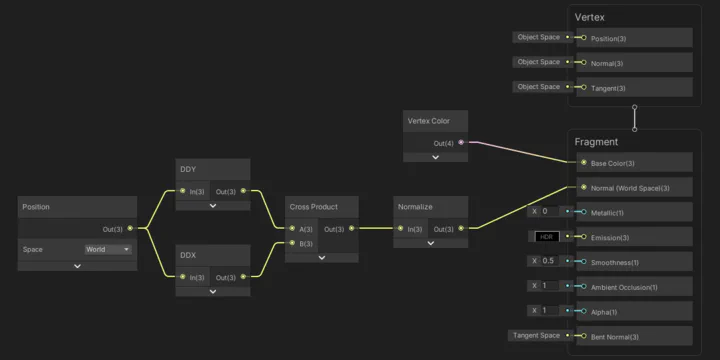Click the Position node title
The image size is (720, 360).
(36, 207)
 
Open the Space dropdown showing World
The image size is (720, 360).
(108, 249)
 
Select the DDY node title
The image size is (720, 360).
(188, 169)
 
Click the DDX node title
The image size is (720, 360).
(188, 255)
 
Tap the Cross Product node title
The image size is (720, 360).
(313, 207)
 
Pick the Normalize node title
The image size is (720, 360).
(415, 207)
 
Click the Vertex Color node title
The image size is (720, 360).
(428, 121)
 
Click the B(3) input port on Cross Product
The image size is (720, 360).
(292, 243)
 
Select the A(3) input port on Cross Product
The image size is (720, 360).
(292, 229)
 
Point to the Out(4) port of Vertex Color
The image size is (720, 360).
(461, 143)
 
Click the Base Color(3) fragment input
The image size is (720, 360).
(583, 163)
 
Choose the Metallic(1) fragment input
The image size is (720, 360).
(583, 212)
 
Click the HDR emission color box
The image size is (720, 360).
(546, 237)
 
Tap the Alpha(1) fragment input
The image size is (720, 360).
(583, 311)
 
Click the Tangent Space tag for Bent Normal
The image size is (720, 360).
(537, 335)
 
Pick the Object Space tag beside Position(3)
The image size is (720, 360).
(538, 37)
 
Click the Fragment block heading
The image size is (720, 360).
(596, 142)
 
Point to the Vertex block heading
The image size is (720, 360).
(589, 17)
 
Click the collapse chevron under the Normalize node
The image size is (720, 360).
(431, 245)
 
